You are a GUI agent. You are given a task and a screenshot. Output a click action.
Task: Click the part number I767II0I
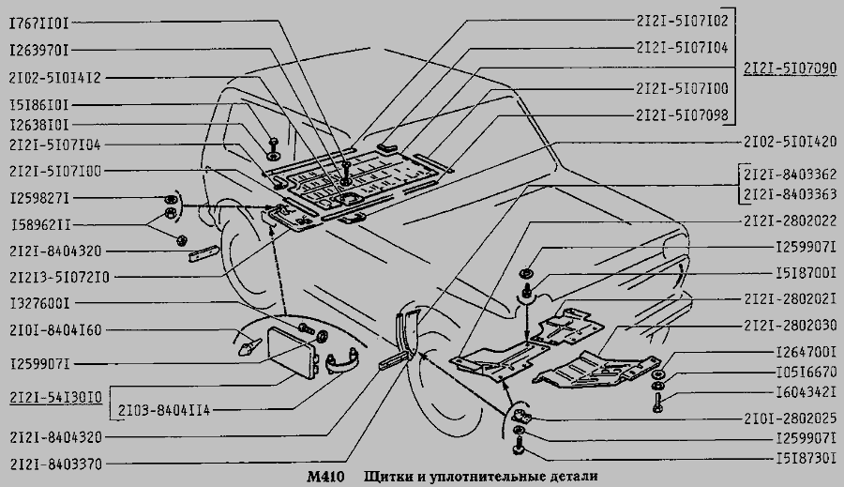pos(39,23)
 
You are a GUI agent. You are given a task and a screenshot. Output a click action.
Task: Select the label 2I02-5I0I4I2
pos(55,78)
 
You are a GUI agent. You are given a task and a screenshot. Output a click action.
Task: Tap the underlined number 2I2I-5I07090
pos(791,68)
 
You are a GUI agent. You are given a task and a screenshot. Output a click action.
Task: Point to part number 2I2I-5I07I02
pos(682,21)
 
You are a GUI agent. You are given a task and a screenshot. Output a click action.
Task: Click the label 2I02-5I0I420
pos(791,142)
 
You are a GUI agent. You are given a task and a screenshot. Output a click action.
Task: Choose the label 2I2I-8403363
pos(791,194)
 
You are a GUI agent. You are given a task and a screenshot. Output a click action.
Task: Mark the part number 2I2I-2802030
pos(791,325)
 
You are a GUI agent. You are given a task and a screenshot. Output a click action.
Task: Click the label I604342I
pos(806,392)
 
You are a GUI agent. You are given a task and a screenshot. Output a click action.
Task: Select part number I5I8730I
pos(806,459)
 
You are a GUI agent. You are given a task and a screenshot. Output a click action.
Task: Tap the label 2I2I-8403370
pos(55,464)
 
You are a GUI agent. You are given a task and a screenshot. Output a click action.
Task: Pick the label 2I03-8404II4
pos(164,410)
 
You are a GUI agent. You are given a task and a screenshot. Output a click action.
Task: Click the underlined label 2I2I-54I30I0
pos(55,398)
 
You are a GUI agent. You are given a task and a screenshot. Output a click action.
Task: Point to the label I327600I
pos(39,303)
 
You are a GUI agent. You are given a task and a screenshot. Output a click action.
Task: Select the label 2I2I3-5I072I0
pos(59,278)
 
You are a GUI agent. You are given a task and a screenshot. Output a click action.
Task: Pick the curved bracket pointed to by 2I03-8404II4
pos(341,361)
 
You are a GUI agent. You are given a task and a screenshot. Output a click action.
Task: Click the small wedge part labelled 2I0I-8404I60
pos(249,346)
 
